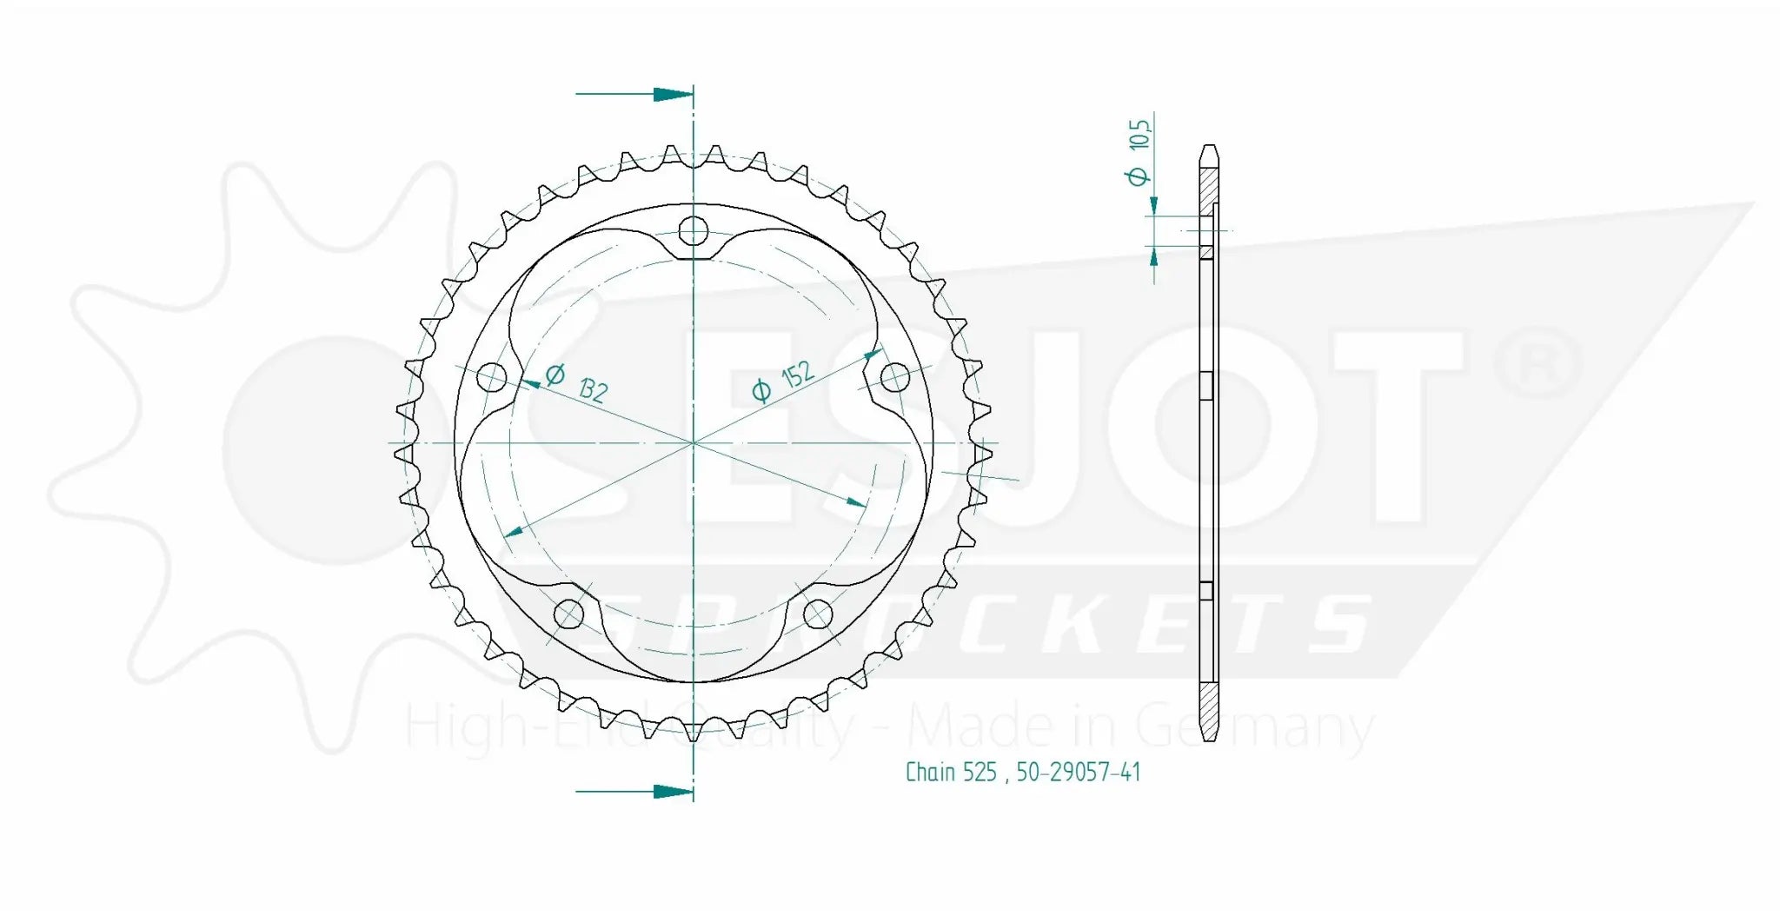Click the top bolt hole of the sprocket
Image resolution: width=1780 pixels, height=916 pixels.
click(x=694, y=231)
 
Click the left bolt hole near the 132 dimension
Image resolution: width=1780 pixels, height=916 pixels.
click(x=492, y=378)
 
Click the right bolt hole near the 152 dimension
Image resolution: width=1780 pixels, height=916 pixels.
click(x=894, y=378)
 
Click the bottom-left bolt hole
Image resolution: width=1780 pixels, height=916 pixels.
click(x=568, y=614)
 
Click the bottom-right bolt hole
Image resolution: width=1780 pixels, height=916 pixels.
click(x=818, y=614)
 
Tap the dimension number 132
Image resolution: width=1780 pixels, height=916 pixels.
click(x=592, y=391)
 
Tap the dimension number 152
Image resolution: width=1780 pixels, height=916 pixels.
click(x=797, y=375)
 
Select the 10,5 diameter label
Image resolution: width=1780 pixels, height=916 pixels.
click(x=1139, y=134)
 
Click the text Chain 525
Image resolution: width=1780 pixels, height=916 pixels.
click(x=950, y=772)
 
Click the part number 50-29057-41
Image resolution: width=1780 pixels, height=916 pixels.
click(x=1078, y=772)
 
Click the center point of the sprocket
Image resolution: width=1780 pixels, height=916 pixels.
click(x=694, y=443)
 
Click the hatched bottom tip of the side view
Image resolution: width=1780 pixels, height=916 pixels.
click(x=1209, y=713)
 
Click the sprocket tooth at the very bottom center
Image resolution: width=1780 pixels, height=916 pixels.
click(x=694, y=731)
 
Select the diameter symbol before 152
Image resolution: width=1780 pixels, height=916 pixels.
click(x=760, y=391)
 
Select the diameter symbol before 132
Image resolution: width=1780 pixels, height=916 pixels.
click(x=555, y=375)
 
